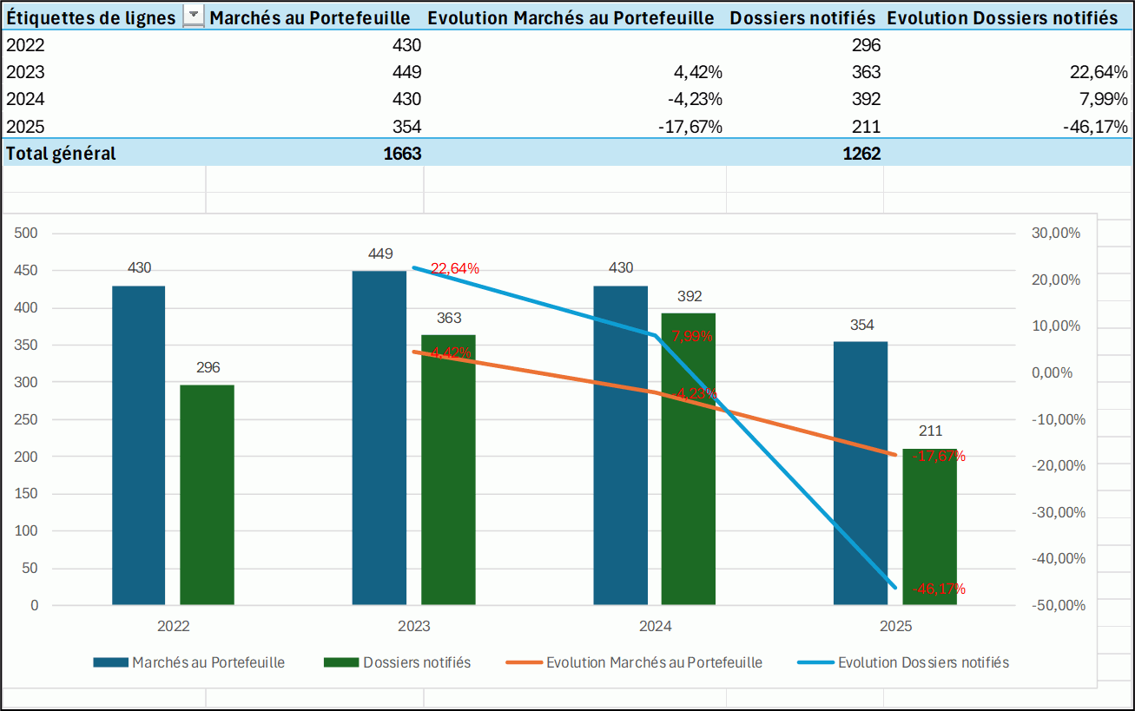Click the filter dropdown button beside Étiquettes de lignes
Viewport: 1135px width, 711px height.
pos(195,16)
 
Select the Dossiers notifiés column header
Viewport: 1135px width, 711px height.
pos(802,17)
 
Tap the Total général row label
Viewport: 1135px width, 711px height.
pos(61,154)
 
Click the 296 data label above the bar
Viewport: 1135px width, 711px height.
pos(208,367)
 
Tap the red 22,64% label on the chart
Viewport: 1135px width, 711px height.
pos(455,269)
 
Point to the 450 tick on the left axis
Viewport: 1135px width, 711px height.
pos(28,271)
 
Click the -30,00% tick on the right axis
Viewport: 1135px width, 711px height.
pos(1056,512)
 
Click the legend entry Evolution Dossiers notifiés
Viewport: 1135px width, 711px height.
pos(922,662)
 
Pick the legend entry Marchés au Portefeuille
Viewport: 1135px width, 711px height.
pos(208,662)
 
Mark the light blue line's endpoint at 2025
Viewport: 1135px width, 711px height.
pos(895,588)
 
